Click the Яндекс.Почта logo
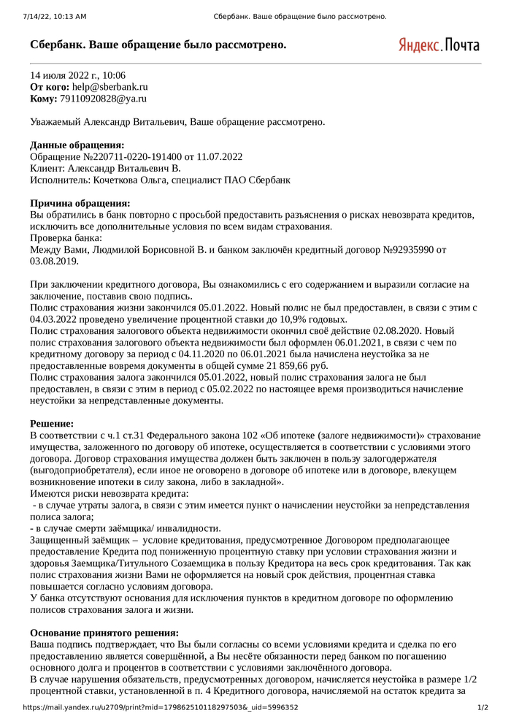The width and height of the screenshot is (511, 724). click(x=439, y=45)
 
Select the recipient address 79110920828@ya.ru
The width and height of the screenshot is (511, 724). click(x=98, y=98)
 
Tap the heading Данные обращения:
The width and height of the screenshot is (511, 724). click(x=77, y=145)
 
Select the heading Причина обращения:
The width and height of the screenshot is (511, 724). click(x=80, y=203)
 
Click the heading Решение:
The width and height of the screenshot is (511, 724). click(x=52, y=424)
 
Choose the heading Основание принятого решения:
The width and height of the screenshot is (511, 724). click(x=104, y=633)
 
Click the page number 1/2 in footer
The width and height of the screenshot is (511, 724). click(x=483, y=707)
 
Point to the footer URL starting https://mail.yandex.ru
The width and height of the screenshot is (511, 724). click(x=161, y=707)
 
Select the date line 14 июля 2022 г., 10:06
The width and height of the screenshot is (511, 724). click(x=77, y=75)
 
